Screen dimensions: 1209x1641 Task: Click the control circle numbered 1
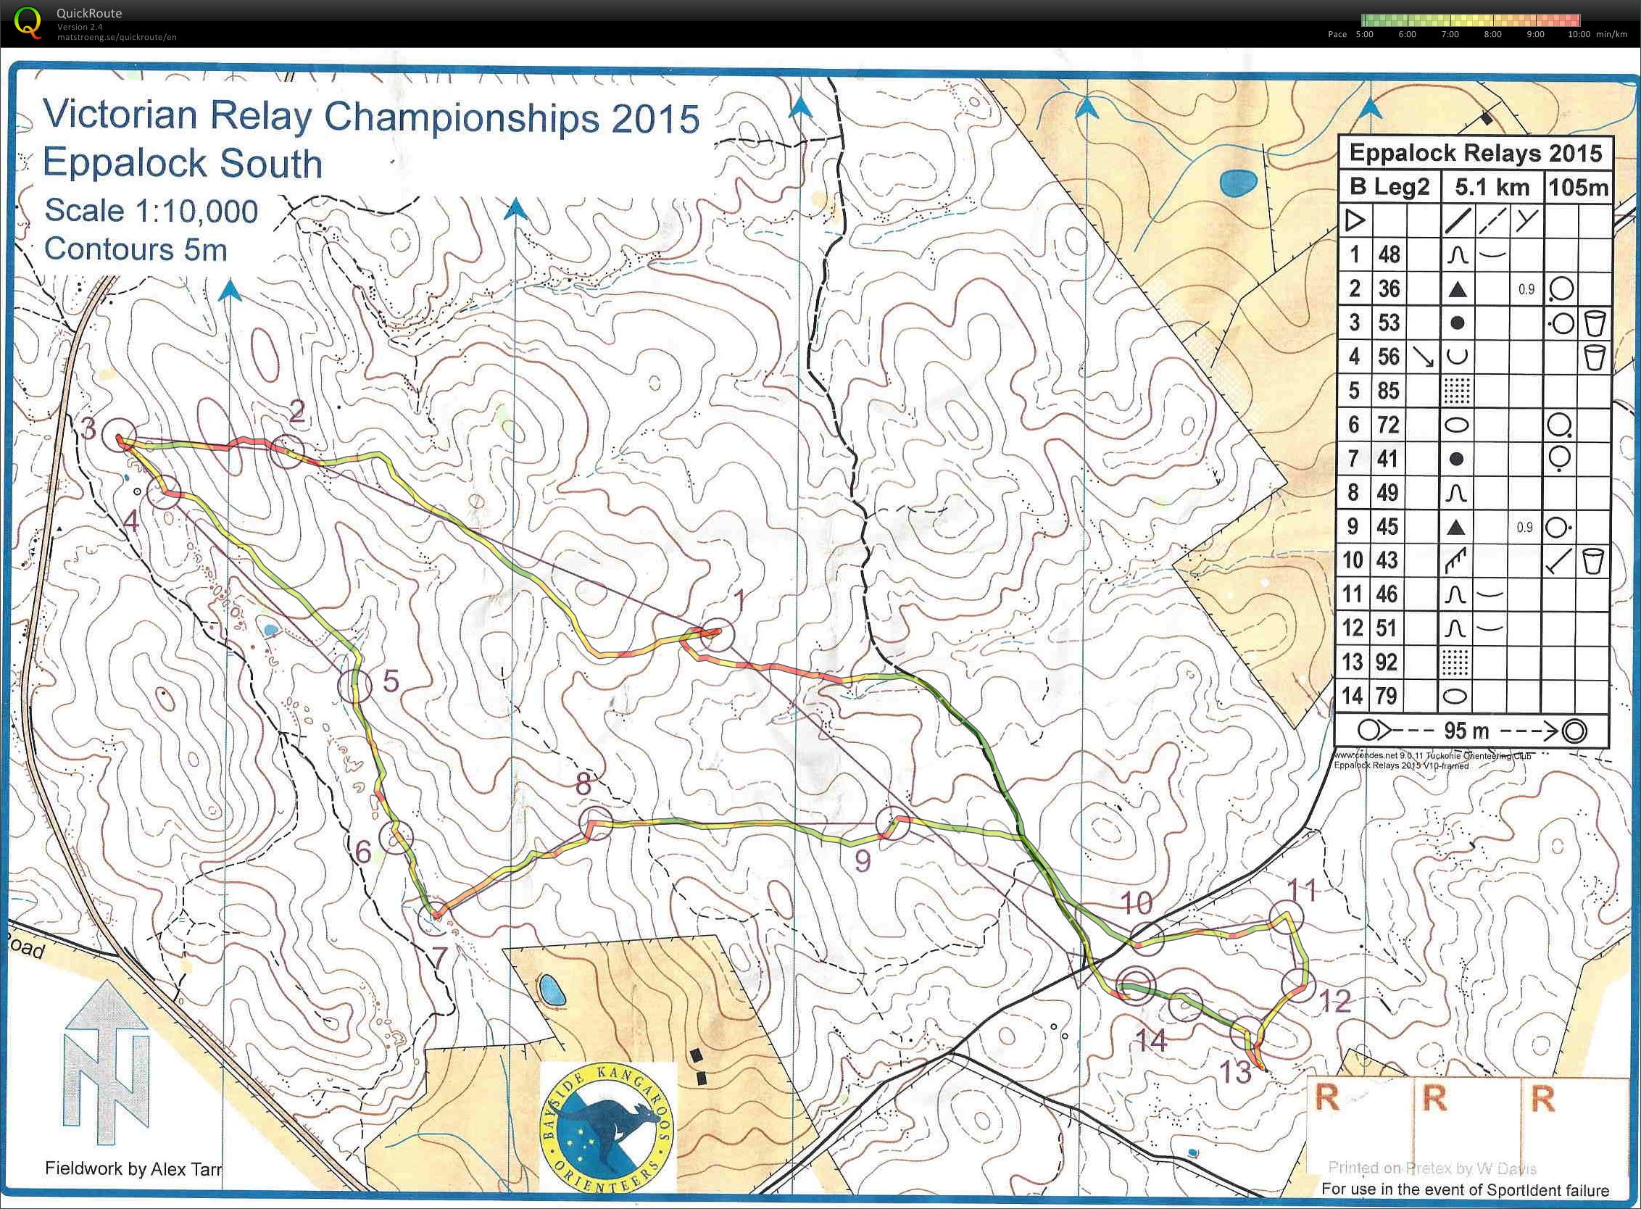(716, 635)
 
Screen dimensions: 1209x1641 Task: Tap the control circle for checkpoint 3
(118, 436)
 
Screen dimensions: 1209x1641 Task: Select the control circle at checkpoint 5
(355, 686)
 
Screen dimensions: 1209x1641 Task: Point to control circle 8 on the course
(596, 823)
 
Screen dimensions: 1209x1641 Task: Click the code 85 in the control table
(1388, 391)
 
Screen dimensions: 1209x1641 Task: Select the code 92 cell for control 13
(1388, 662)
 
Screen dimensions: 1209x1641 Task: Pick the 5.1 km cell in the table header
(1492, 187)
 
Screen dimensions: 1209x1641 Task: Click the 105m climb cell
(1578, 187)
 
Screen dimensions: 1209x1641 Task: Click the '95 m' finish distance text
(1467, 731)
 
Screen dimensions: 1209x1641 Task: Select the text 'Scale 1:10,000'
(151, 211)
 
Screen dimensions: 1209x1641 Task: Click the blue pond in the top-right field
(1238, 181)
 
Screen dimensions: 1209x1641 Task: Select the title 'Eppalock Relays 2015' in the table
(1475, 153)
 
